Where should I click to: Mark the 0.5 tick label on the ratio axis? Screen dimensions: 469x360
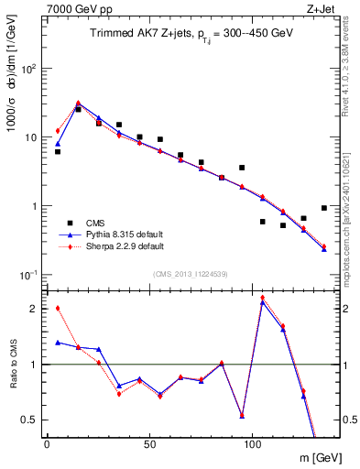(28, 420)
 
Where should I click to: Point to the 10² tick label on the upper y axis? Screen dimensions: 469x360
(28, 69)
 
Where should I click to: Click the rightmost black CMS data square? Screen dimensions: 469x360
(324, 208)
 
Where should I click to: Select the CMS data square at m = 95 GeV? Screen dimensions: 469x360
(242, 168)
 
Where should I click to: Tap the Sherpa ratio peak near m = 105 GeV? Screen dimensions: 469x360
(263, 297)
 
